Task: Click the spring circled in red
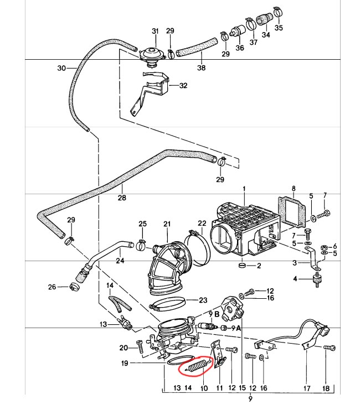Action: (x=198, y=365)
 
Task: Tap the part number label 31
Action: (x=155, y=30)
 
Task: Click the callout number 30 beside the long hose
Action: (x=61, y=69)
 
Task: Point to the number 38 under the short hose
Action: (x=201, y=68)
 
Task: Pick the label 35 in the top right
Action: (x=278, y=27)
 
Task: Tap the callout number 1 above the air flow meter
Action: (x=242, y=189)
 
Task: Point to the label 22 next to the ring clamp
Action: (x=202, y=224)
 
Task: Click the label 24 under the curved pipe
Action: (x=120, y=261)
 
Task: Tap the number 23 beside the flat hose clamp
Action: (x=203, y=300)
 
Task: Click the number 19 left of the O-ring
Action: (x=125, y=364)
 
